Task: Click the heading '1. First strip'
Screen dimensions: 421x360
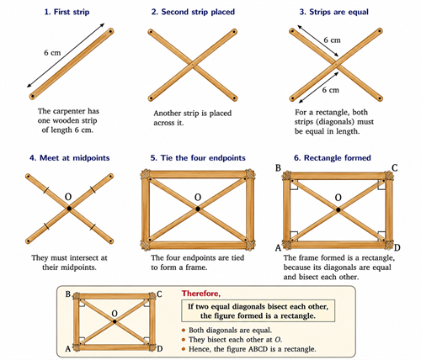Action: pos(67,12)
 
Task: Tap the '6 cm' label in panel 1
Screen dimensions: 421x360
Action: pos(52,52)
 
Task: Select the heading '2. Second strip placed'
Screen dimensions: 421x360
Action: pos(193,12)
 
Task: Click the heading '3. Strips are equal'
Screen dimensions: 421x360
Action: pos(333,12)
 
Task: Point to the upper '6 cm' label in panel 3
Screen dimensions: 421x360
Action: pos(332,40)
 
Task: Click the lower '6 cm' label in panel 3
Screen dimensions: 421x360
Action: pos(330,90)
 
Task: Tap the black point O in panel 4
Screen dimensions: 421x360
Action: pos(69,209)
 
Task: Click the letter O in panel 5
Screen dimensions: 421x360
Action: pos(198,198)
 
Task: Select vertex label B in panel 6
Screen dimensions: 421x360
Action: pos(278,167)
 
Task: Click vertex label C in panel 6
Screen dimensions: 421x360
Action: pos(395,167)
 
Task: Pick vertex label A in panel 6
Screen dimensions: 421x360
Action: pos(278,248)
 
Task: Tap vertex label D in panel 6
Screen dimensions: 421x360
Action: pos(397,248)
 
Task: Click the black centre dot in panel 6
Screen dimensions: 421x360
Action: pos(338,209)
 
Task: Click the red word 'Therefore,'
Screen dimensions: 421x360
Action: pos(201,294)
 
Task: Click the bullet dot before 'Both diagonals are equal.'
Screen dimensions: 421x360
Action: pos(184,331)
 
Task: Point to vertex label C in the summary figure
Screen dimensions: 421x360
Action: pos(159,294)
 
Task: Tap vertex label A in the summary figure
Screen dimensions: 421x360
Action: pos(68,349)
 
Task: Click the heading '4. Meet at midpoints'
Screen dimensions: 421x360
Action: pos(70,158)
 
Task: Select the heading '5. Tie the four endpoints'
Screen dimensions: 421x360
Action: pos(198,158)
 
